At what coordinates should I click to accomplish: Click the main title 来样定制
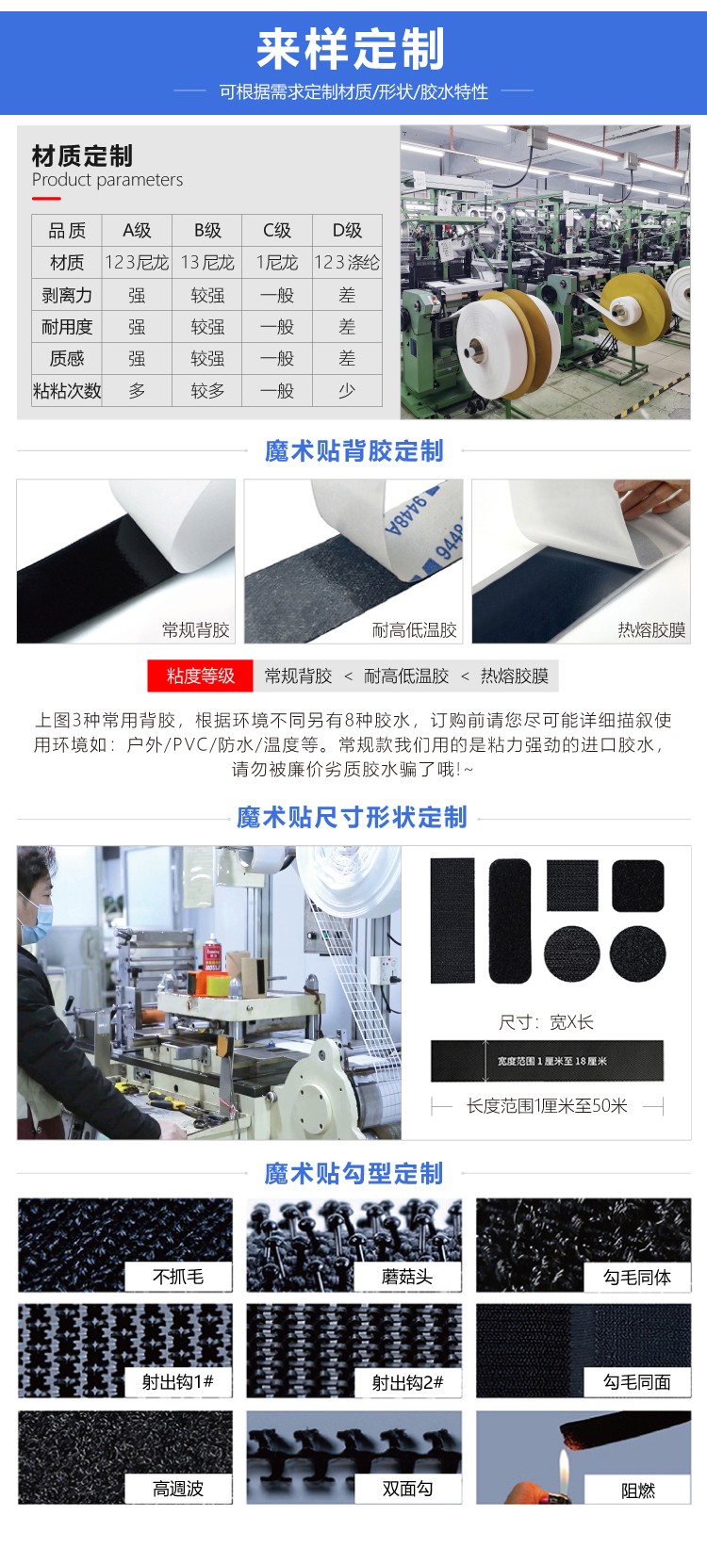point(351,49)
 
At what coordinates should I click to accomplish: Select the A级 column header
point(137,230)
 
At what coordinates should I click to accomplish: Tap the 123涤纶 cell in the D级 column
point(347,262)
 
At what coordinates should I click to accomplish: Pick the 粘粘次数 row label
point(67,390)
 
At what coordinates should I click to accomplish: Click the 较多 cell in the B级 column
point(207,390)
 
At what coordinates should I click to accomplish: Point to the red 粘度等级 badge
point(200,676)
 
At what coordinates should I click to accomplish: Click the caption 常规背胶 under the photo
point(195,629)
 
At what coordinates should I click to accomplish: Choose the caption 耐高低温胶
point(414,629)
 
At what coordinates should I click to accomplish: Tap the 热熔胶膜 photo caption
point(651,629)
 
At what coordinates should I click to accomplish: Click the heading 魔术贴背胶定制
point(353,450)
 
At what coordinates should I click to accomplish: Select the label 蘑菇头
point(407,1277)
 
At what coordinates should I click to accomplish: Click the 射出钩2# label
point(407,1382)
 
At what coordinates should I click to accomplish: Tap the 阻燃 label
point(638,1491)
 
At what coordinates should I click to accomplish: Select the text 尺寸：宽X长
point(547,1022)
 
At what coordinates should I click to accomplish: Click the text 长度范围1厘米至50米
point(547,1105)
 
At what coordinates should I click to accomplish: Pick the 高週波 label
point(178,1489)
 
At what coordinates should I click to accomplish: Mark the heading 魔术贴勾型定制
point(353,1173)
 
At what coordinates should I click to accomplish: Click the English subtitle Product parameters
point(107,180)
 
